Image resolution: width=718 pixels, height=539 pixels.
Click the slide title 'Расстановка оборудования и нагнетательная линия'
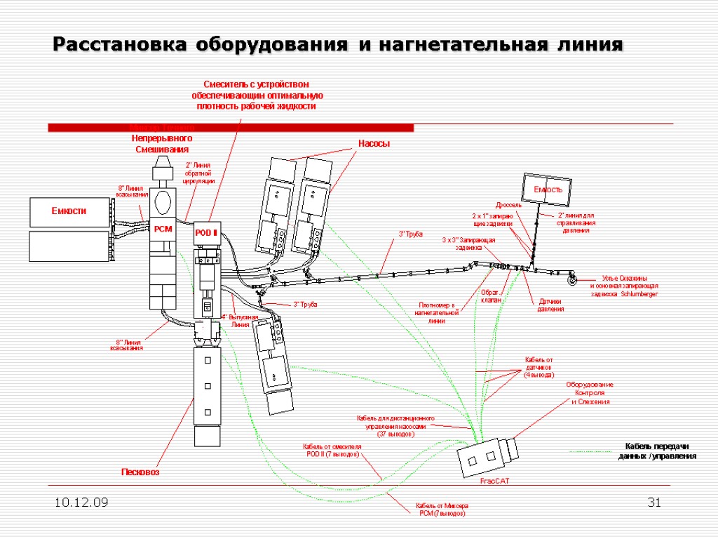pyautogui.click(x=338, y=45)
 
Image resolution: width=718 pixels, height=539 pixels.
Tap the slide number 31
pyautogui.click(x=656, y=503)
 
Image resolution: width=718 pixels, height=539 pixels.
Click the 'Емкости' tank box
pyautogui.click(x=69, y=211)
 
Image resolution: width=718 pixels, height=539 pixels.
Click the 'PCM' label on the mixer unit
pyautogui.click(x=163, y=229)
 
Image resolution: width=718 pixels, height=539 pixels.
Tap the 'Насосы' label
pyautogui.click(x=374, y=144)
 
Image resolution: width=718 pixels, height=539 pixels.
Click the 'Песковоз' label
pyautogui.click(x=140, y=472)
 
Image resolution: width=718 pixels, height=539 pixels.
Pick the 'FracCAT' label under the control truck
pyautogui.click(x=496, y=481)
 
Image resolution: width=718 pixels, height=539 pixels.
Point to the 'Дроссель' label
pyautogui.click(x=509, y=205)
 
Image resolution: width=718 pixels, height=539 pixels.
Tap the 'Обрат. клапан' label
pyautogui.click(x=490, y=295)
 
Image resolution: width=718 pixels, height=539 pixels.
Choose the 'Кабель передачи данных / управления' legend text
pyautogui.click(x=657, y=451)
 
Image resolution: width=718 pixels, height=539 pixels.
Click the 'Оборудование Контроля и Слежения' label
pyautogui.click(x=590, y=393)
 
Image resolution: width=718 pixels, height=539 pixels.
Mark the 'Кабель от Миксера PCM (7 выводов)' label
pyautogui.click(x=442, y=510)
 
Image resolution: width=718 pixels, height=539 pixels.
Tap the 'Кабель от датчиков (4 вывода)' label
pyautogui.click(x=539, y=367)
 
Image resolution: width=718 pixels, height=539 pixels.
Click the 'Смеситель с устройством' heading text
pyautogui.click(x=257, y=85)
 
